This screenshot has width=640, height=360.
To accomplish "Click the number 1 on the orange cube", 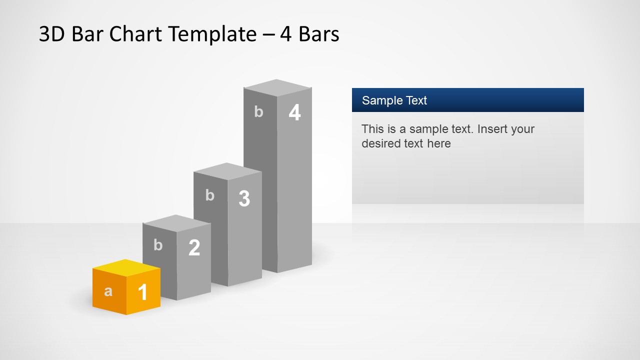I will (x=142, y=292).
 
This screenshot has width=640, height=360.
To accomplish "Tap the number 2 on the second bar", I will (x=194, y=247).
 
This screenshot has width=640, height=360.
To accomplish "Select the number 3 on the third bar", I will (x=244, y=199).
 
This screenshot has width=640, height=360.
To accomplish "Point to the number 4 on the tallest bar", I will (x=294, y=113).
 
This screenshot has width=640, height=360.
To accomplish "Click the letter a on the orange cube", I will (x=108, y=291).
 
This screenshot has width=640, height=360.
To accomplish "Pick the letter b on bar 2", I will (x=158, y=245).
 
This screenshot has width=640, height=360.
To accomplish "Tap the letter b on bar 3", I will (x=209, y=195).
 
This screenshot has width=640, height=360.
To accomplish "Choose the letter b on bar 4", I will (x=258, y=112).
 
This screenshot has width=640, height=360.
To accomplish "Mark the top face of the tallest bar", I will (x=277, y=87).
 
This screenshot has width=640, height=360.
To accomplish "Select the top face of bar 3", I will (x=227, y=171).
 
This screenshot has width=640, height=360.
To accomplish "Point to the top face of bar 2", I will (x=176, y=223).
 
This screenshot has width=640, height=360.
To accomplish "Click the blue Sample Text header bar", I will (x=467, y=100).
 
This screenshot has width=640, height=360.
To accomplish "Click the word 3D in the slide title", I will (x=52, y=34).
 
